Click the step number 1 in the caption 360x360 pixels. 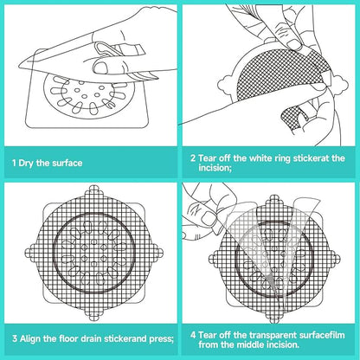pyautogui.click(x=14, y=164)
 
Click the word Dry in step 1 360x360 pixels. pyautogui.click(x=27, y=164)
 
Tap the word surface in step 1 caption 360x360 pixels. pyautogui.click(x=67, y=163)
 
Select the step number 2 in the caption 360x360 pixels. pyautogui.click(x=193, y=158)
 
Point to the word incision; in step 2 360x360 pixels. pyautogui.click(x=215, y=168)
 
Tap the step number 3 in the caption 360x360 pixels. pyautogui.click(x=15, y=338)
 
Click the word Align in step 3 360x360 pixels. pyautogui.click(x=30, y=338)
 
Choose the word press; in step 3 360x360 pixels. pyautogui.click(x=161, y=339)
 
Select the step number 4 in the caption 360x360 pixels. pyautogui.click(x=193, y=335)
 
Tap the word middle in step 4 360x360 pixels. pyautogui.click(x=250, y=344)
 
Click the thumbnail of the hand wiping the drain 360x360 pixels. pyautogui.click(x=100, y=67)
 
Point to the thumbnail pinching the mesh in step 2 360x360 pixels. pyautogui.click(x=294, y=43)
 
